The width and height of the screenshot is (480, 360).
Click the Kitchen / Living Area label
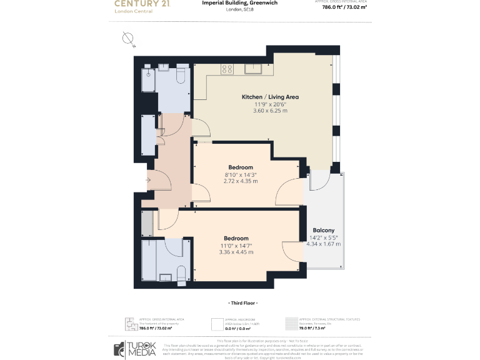[270, 97]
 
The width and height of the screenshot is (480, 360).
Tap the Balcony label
[323, 230]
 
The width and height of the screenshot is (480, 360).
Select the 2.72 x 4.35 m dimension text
[241, 181]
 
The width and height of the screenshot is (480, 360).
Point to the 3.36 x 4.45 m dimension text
[236, 252]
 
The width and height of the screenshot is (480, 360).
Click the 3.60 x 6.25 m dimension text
[270, 111]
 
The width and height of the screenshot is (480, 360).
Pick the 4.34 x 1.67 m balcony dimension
[324, 244]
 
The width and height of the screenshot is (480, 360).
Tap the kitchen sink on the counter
[253, 68]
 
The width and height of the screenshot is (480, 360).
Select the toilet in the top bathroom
[181, 75]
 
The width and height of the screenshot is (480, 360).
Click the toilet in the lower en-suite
[181, 272]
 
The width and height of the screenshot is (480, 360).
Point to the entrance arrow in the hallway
[148, 181]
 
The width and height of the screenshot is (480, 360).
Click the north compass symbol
[129, 39]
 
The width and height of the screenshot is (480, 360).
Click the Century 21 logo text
[141, 4]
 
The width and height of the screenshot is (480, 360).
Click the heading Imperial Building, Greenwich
[239, 3]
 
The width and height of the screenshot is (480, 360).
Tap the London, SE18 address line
[239, 10]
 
